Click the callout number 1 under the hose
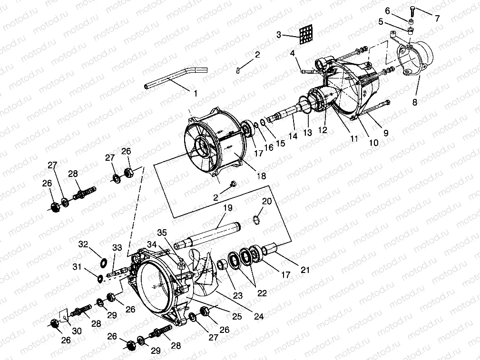[x=195, y=94]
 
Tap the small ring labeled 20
[x=255, y=219]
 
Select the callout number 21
[x=305, y=270]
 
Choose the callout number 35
[x=163, y=233]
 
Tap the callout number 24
[x=259, y=316]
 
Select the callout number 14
[x=292, y=136]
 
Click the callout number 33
[x=117, y=247]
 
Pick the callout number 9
[x=386, y=134]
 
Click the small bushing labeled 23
[x=222, y=264]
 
